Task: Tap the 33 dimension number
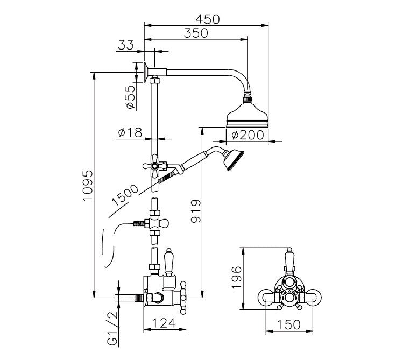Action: click(x=125, y=46)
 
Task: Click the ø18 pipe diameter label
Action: click(x=129, y=132)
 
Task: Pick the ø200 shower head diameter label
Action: click(x=248, y=135)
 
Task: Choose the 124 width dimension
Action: click(x=164, y=323)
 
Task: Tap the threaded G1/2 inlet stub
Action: click(x=129, y=297)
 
